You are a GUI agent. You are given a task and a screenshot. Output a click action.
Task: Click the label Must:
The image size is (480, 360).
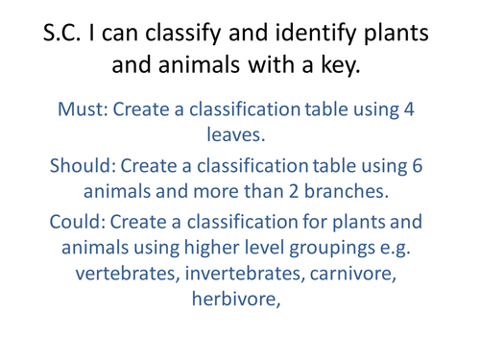pos(84,108)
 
